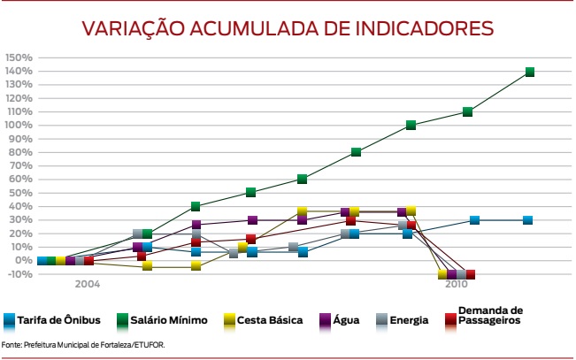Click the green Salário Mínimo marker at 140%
pos(530,72)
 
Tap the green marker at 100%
pos(411,125)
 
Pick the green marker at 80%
pos(356,152)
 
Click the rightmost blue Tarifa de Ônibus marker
pos(527,220)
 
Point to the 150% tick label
pos(19,57)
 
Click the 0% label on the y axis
pos(25,261)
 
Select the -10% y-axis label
pos(21,274)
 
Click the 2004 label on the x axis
pos(87,284)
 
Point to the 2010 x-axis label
pos(456,284)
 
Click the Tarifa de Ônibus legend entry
pos(52,319)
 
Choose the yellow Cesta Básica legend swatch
pos(234,319)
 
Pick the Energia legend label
pos(409,319)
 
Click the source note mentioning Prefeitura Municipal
pos(83,344)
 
